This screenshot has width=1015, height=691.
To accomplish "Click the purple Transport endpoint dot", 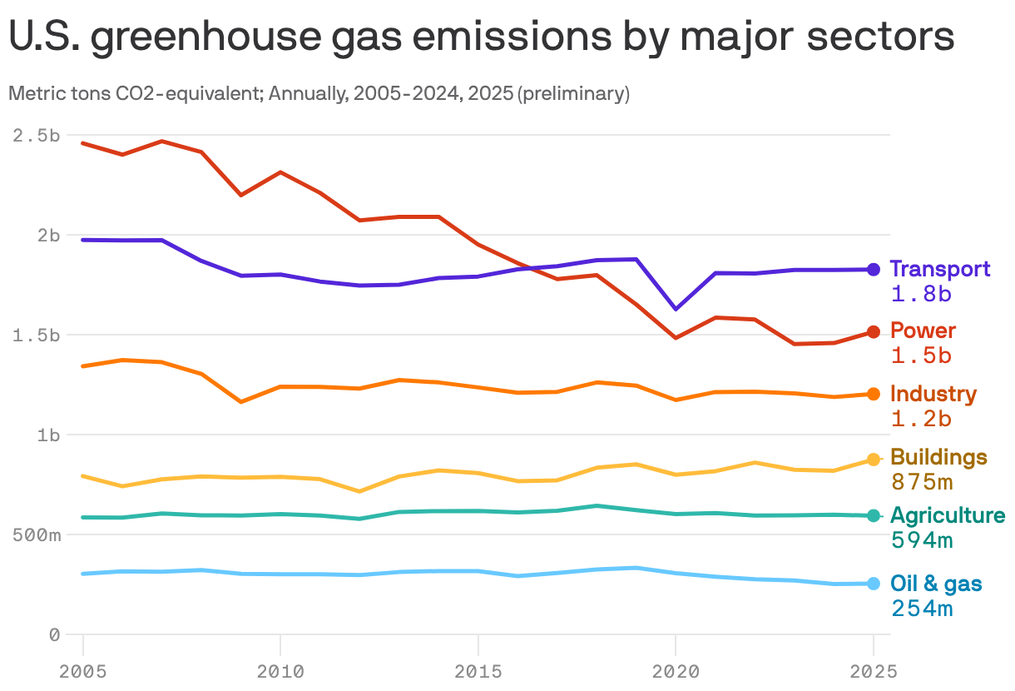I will tap(873, 269).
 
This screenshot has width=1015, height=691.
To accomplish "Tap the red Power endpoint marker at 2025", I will tap(873, 331).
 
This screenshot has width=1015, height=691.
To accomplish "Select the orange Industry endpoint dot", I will tap(873, 394).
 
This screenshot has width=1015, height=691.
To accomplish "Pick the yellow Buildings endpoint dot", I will tap(873, 460).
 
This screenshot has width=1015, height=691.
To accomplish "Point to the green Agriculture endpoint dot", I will tap(873, 516).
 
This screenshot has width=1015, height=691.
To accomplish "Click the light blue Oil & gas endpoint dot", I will tap(873, 584).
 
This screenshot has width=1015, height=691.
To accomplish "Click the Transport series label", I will tap(940, 269).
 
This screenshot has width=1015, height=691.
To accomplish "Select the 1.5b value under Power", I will tap(921, 355).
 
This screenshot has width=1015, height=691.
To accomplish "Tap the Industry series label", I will tap(933, 394).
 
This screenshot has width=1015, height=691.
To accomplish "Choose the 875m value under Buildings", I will tap(922, 482).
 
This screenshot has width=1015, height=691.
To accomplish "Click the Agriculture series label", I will tap(948, 515).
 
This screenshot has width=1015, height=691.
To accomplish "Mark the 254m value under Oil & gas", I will tap(922, 609).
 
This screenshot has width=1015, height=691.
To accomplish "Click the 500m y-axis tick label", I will tap(37, 534).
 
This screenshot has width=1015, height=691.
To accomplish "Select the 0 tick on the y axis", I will tap(54, 634).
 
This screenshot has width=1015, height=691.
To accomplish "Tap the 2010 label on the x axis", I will tap(280, 670).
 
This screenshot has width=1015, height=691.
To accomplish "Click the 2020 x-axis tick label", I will tap(676, 670).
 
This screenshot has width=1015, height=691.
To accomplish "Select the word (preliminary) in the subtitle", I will tap(573, 94).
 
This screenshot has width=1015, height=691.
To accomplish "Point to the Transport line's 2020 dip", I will tap(676, 309).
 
